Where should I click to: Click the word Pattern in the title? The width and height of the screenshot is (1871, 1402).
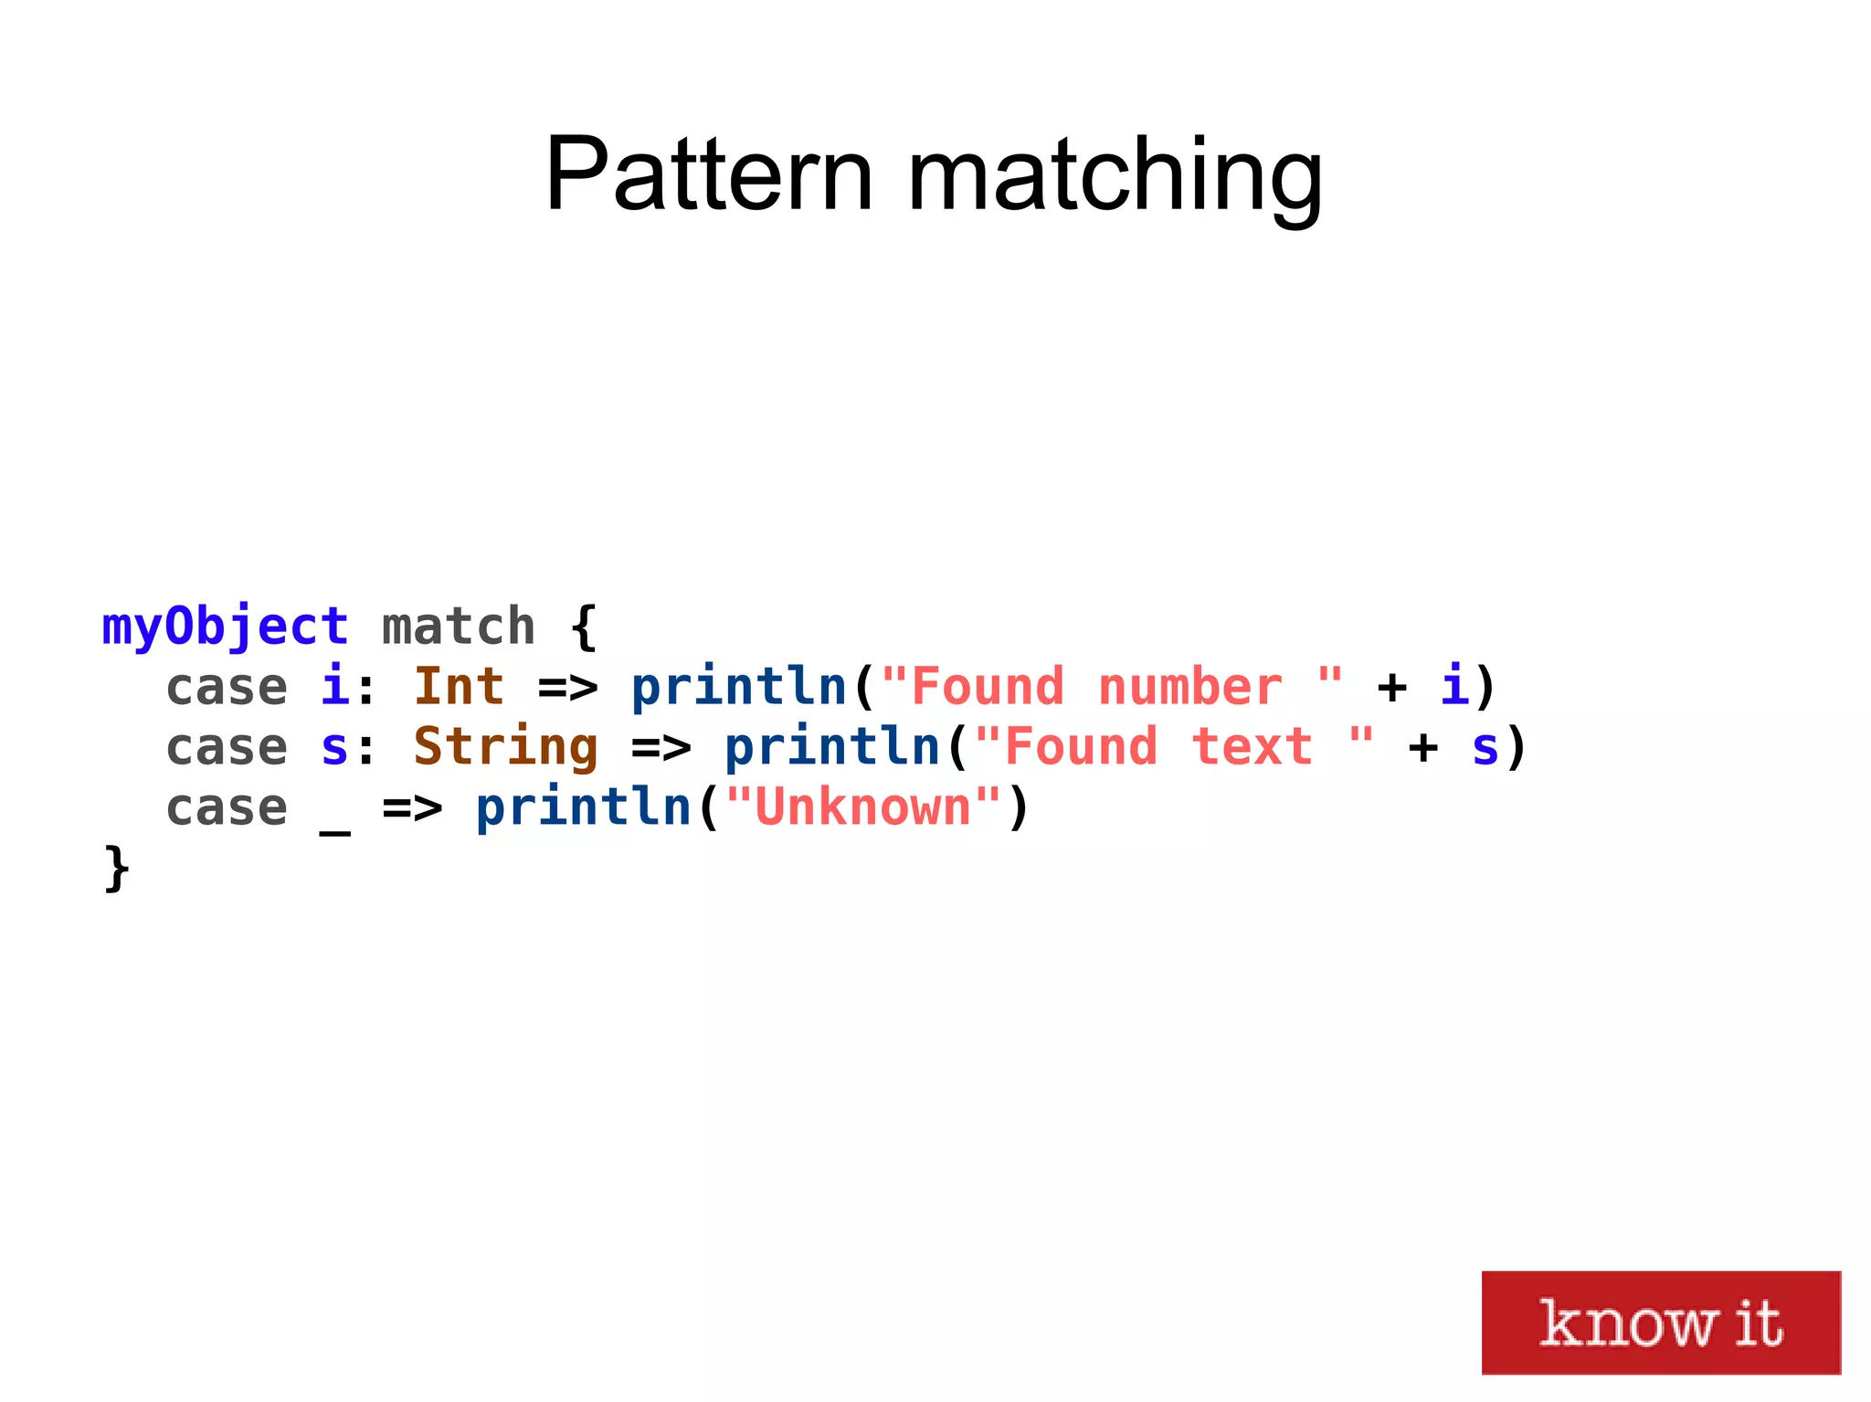pos(709,175)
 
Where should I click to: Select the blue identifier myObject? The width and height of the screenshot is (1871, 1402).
pos(225,627)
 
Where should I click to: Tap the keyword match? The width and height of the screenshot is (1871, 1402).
pos(459,627)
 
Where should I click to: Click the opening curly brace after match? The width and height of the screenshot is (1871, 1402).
pos(584,627)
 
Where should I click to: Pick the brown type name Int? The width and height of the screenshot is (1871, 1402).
pos(459,687)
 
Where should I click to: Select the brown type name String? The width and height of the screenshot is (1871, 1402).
pos(505,747)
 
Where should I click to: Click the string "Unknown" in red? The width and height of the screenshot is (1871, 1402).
pos(863,807)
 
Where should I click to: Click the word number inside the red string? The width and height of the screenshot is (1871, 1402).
pos(1190,687)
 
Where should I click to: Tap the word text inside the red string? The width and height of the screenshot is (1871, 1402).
pos(1253,747)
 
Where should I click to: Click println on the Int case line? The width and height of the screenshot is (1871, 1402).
pos(739,687)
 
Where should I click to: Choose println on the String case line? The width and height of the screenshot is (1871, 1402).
pos(832,747)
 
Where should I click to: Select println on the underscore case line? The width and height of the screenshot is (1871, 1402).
pos(584,807)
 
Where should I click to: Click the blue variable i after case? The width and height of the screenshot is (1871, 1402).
pos(334,687)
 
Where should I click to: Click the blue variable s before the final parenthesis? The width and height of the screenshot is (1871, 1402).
pos(1485,747)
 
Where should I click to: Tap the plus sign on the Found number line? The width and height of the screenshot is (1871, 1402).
pos(1392,687)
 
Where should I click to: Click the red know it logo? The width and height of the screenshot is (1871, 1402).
pos(1660,1322)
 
